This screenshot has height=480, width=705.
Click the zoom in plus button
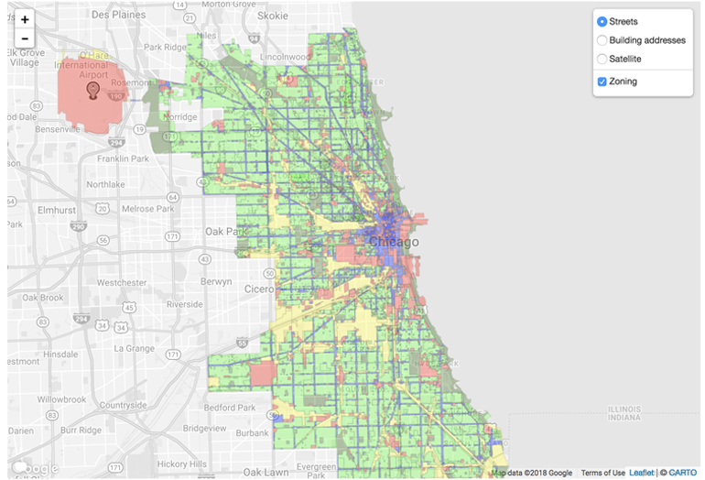pyautogui.click(x=25, y=19)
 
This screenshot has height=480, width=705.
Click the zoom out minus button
pyautogui.click(x=25, y=39)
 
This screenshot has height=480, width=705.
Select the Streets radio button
pyautogui.click(x=602, y=21)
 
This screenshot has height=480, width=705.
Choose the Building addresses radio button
pyautogui.click(x=602, y=40)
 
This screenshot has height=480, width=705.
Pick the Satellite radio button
pyautogui.click(x=602, y=59)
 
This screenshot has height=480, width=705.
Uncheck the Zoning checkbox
pyautogui.click(x=602, y=82)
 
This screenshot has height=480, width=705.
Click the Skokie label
pyautogui.click(x=271, y=16)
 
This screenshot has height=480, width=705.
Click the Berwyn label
pyautogui.click(x=216, y=282)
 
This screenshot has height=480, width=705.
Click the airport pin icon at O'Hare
pyautogui.click(x=92, y=89)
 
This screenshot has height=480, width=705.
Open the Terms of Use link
pyautogui.click(x=602, y=473)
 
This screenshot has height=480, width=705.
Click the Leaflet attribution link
pyautogui.click(x=642, y=473)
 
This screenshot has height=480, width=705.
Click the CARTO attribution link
pyautogui.click(x=682, y=473)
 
